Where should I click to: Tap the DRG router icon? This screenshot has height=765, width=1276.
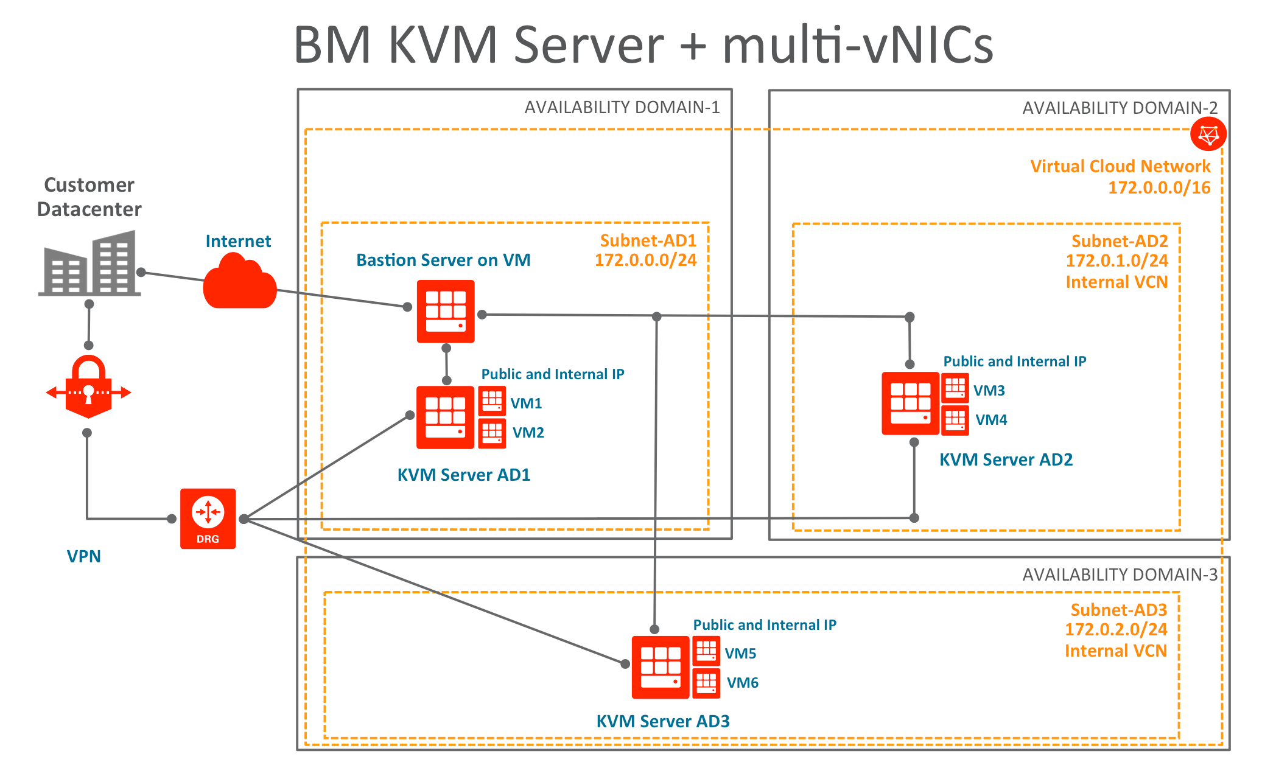click(x=208, y=519)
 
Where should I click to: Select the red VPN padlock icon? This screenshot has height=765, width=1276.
click(x=89, y=386)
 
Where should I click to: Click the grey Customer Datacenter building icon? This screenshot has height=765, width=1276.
click(x=89, y=263)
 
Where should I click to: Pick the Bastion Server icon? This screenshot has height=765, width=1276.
click(x=446, y=311)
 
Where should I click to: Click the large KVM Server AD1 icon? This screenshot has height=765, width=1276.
click(x=445, y=417)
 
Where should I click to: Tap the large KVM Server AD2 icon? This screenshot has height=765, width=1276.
click(x=910, y=403)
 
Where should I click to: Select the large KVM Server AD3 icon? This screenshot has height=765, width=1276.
click(x=661, y=667)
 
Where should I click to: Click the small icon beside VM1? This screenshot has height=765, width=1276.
click(x=492, y=401)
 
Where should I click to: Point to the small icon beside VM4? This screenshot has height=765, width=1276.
click(x=955, y=421)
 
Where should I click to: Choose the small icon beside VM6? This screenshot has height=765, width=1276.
click(x=706, y=683)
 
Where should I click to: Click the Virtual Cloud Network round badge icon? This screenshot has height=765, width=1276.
click(x=1208, y=134)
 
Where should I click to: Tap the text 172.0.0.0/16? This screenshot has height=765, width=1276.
click(x=1159, y=187)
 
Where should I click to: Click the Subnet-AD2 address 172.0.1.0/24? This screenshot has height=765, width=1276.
click(x=1116, y=261)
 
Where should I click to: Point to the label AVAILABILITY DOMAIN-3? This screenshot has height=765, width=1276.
click(x=1120, y=575)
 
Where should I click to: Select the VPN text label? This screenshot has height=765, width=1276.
click(x=84, y=556)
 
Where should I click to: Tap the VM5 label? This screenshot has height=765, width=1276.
click(x=740, y=654)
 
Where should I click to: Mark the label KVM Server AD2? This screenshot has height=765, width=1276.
click(x=1006, y=459)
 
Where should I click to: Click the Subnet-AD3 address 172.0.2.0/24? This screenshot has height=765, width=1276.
click(x=1116, y=630)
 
